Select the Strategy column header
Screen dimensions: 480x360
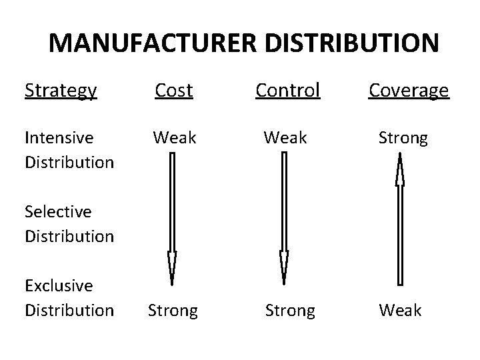point(61,91)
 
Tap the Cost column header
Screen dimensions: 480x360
point(173,91)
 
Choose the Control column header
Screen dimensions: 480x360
point(288,91)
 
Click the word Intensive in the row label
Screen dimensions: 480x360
point(58,137)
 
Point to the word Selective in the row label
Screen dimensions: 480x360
point(58,211)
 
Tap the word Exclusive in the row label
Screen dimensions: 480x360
point(59,285)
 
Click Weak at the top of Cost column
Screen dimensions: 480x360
point(175,137)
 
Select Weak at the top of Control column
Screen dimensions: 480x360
point(285,137)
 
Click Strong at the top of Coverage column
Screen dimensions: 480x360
point(403,137)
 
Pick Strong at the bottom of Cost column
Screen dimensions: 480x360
point(173,310)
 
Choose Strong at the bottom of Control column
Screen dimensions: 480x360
point(290,310)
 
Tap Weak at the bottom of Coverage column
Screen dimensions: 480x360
point(400,310)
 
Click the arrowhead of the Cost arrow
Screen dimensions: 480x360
point(172,267)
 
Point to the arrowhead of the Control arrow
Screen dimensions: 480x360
point(285,267)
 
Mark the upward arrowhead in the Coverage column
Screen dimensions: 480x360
point(400,170)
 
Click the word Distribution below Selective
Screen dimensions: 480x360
point(69,236)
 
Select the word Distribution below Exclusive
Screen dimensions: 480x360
point(69,310)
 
